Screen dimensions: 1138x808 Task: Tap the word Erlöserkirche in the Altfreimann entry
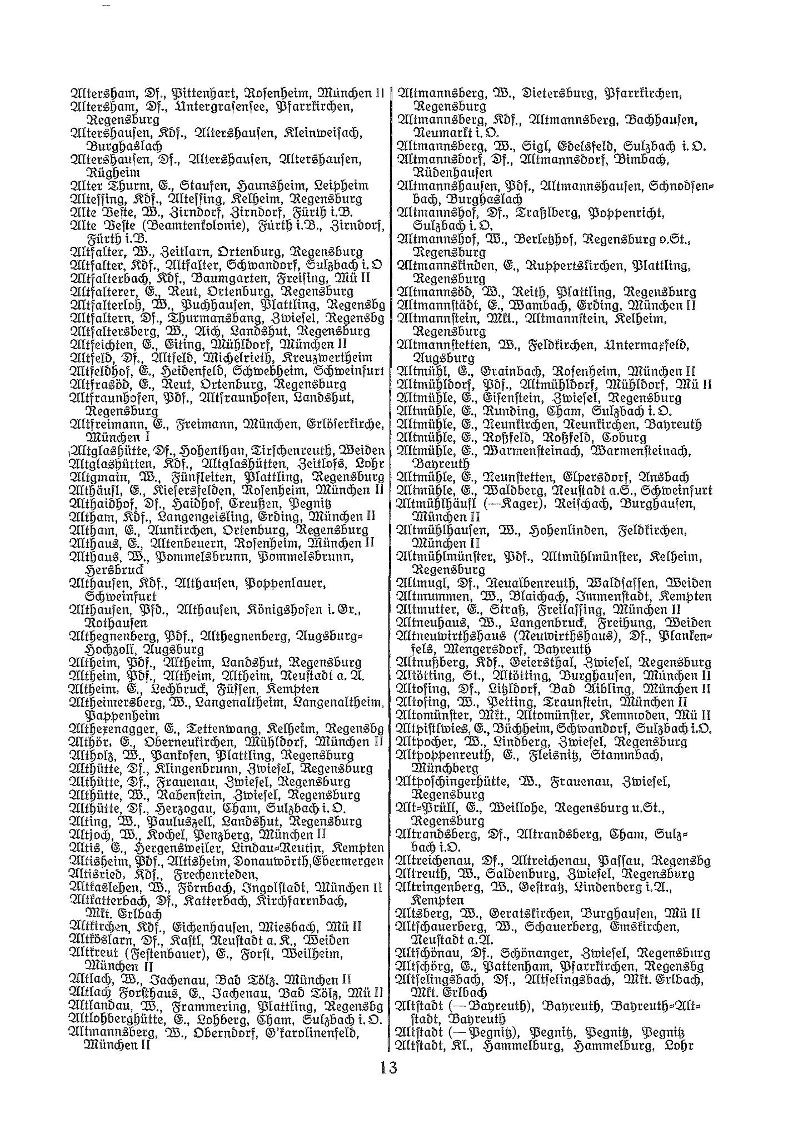coord(345,424)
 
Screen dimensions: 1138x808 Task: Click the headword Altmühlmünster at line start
coord(445,557)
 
